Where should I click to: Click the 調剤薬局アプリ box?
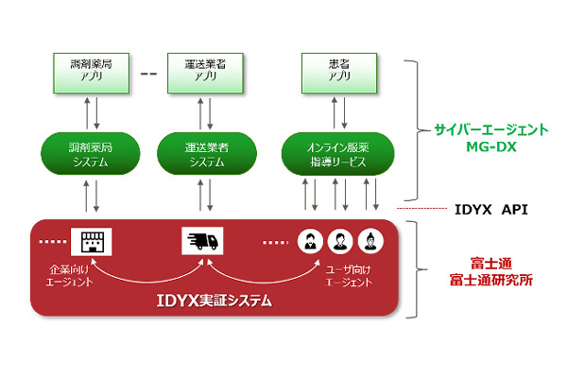(91, 73)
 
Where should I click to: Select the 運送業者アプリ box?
(205, 73)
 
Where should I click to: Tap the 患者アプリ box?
(339, 73)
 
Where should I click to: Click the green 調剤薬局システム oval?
(91, 154)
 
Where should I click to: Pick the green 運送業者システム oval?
(206, 154)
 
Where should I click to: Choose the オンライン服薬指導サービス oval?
(337, 154)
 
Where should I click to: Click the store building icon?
(91, 242)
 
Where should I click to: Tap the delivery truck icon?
(202, 241)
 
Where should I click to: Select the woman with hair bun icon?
(370, 241)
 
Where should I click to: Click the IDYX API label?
(490, 210)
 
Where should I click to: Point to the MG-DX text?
(491, 146)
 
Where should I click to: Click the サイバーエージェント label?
(491, 129)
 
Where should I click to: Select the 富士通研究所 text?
(491, 280)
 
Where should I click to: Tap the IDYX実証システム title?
(214, 301)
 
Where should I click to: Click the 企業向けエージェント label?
(69, 276)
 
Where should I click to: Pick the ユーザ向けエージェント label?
(349, 276)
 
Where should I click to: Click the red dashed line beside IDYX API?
(422, 208)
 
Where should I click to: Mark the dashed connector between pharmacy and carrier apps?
(148, 74)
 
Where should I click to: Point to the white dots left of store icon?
(53, 242)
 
